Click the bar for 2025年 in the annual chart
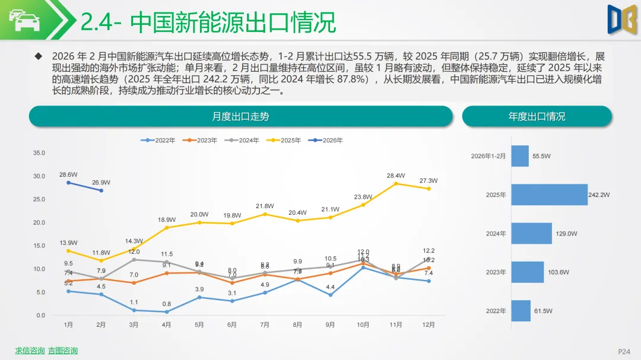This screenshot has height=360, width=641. coord(549,195)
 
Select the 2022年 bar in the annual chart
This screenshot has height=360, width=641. coord(521,311)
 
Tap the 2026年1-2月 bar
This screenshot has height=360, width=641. coord(520,156)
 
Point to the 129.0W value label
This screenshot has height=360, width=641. coord(566,234)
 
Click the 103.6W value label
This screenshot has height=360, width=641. coord(559,272)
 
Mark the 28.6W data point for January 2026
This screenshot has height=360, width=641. coord(68,183)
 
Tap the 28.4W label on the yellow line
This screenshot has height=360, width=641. coord(395,176)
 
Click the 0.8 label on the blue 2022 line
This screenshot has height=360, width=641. coord(166,304)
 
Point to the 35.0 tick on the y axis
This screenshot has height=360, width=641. coord(39,153)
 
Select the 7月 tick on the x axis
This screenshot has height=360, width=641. coord(265,325)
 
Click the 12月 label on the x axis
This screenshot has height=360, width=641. coord(428,325)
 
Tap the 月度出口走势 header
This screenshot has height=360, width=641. coord(240,116)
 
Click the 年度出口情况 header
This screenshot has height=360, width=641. coord(537,116)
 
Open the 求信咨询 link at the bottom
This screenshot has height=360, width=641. coord(30,351)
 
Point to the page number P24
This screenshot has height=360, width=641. coord(624,351)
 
